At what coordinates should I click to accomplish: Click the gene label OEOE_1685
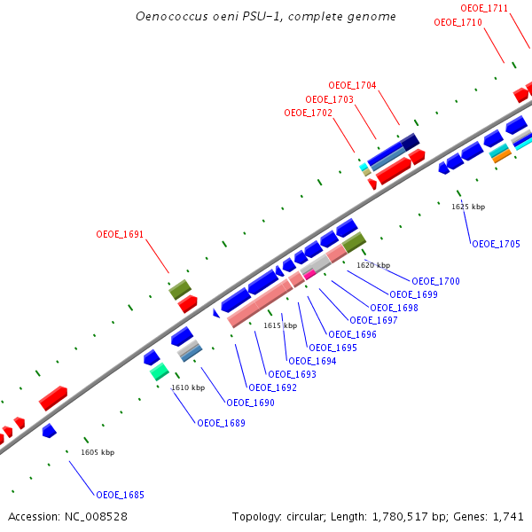[x=120, y=495]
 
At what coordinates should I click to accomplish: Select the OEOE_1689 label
[x=221, y=423]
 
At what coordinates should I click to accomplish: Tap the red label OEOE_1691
[x=120, y=235]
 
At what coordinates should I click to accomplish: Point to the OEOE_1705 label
[x=496, y=244]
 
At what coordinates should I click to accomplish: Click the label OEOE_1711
[x=484, y=8]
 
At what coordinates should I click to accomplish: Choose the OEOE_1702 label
[x=308, y=113]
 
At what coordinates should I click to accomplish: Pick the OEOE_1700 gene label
[x=435, y=281]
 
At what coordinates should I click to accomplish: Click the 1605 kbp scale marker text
[x=98, y=452]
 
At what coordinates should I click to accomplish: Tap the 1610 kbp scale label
[x=188, y=387]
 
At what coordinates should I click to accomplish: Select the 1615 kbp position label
[x=280, y=325]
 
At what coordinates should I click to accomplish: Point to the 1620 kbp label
[x=373, y=265]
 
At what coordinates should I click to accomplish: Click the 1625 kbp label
[x=468, y=207]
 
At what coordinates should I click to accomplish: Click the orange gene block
[x=502, y=156]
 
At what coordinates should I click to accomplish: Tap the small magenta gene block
[x=310, y=274]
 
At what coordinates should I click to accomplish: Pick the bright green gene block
[x=160, y=372]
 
